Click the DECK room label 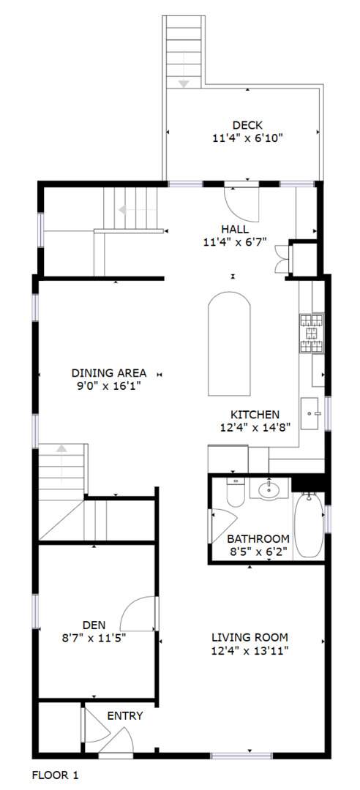tap(247, 125)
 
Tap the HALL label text tap(235, 229)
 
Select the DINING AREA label tap(109, 373)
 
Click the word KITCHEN tap(255, 415)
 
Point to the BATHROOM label tap(258, 538)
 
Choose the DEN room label tap(94, 625)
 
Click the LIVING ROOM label tap(250, 637)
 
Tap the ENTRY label tap(125, 716)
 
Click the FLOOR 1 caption tap(56, 775)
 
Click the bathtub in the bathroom tap(309, 524)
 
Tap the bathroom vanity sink tap(269, 488)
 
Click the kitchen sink tap(310, 413)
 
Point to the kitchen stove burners tap(312, 333)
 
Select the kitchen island tap(230, 344)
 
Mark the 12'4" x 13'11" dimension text tap(250, 650)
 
